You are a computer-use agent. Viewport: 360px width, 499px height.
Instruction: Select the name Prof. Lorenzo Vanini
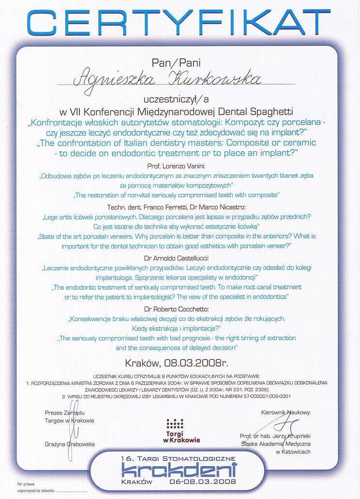click(179, 166)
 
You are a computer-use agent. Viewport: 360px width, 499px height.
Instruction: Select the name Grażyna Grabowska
click(70, 444)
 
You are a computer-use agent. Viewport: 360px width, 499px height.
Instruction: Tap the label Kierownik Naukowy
click(285, 413)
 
